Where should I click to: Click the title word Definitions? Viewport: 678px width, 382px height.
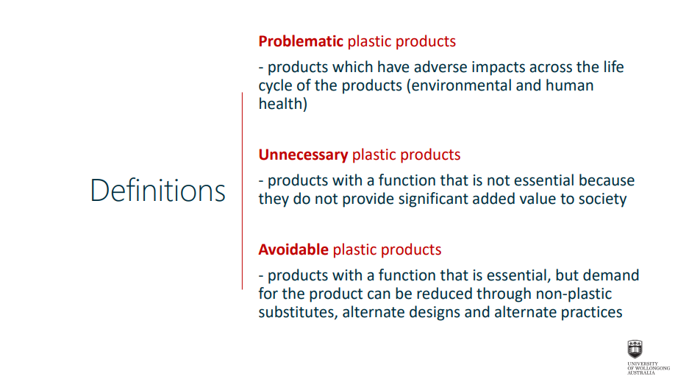[x=158, y=191]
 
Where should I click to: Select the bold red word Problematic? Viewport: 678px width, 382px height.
[x=301, y=41]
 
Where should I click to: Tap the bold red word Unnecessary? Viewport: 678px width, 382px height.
[x=303, y=155]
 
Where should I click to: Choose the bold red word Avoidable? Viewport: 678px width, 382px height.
[x=293, y=250]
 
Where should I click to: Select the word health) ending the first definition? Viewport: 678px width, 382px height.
[x=283, y=104]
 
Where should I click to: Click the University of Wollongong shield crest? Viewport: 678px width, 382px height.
[x=635, y=349]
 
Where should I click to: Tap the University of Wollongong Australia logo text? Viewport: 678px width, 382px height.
[x=648, y=368]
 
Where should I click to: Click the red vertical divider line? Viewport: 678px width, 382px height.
[x=242, y=191]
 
